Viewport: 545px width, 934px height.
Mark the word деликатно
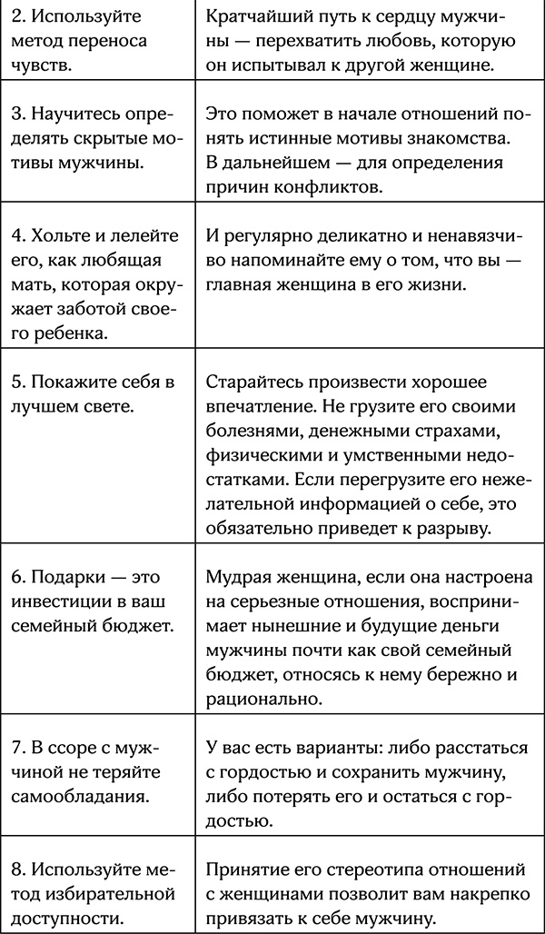[354, 237]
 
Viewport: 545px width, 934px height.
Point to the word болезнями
[250, 429]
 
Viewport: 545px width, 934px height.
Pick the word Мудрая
[239, 579]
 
